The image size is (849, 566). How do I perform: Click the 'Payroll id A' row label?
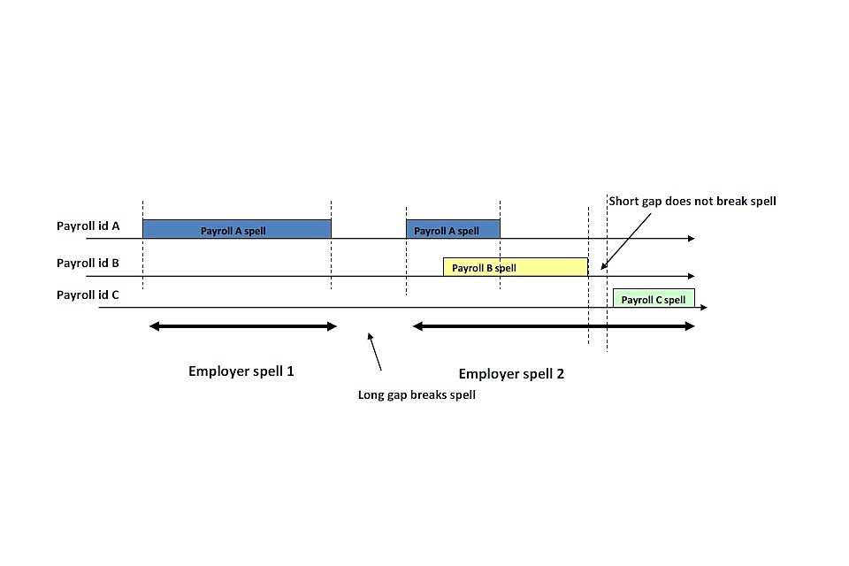[88, 226]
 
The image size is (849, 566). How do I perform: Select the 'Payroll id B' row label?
[88, 263]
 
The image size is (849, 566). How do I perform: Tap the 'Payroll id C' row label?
[88, 294]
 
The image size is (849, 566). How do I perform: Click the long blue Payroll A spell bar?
[236, 229]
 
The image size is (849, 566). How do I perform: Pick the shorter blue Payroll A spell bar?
[453, 229]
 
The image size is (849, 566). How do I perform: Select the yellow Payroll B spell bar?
[515, 267]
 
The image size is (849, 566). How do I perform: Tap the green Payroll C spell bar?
[654, 298]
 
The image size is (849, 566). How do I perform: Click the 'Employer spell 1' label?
[241, 371]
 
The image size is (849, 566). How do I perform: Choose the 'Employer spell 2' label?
[511, 374]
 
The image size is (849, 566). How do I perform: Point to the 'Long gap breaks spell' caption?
[416, 395]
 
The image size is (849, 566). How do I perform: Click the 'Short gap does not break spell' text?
[692, 202]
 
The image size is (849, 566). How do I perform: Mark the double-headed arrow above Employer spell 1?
[243, 326]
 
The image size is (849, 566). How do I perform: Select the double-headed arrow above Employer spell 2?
[554, 326]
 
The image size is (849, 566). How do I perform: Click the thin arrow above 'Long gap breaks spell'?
[375, 351]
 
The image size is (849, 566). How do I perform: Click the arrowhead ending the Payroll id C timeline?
[703, 308]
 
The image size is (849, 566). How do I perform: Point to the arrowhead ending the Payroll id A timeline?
[691, 239]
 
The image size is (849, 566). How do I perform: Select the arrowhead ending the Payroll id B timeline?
[691, 276]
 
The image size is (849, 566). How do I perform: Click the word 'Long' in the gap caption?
[371, 395]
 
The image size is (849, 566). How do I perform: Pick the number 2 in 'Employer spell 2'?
[560, 374]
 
